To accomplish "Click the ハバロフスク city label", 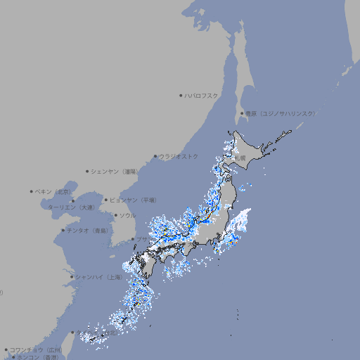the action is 202,95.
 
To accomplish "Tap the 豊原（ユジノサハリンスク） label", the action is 279,113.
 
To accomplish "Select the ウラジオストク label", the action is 179,156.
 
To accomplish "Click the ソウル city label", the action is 127,215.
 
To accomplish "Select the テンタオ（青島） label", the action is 88,230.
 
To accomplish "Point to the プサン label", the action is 142,240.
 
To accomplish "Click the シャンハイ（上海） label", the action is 97,277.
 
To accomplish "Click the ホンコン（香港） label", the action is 37,357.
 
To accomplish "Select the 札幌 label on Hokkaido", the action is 240,158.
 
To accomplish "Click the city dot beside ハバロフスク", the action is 181,95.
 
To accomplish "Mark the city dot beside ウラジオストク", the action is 155,156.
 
